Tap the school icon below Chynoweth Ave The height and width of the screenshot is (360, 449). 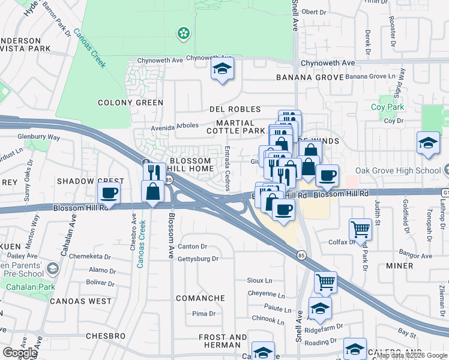[x=221, y=70]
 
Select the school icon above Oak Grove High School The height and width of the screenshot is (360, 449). [x=427, y=143]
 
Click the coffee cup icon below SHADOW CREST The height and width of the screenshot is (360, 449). [x=109, y=193]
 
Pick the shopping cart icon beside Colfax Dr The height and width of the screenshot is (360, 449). [x=360, y=229]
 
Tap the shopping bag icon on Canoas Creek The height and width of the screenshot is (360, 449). [x=153, y=192]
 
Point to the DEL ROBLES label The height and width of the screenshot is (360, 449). [x=235, y=109]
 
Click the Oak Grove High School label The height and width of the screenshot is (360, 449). [x=406, y=171]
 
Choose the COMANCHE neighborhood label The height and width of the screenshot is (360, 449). [x=200, y=298]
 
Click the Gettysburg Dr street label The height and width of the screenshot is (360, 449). [x=198, y=259]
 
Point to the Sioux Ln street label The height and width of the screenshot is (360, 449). [x=259, y=280]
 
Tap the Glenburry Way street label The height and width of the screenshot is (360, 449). [x=38, y=137]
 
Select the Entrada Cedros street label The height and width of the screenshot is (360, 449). [x=227, y=168]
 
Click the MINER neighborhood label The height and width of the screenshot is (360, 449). [x=399, y=265]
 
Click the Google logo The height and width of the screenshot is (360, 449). [x=20, y=353]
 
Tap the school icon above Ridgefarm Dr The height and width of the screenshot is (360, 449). [x=320, y=308]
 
